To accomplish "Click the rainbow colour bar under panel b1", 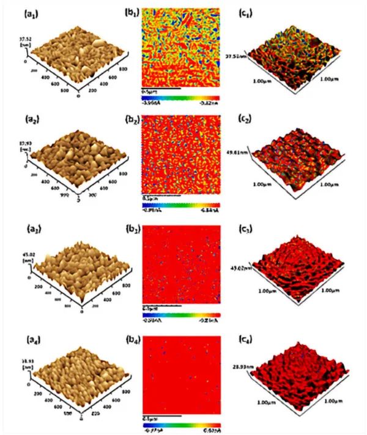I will [180, 97].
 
